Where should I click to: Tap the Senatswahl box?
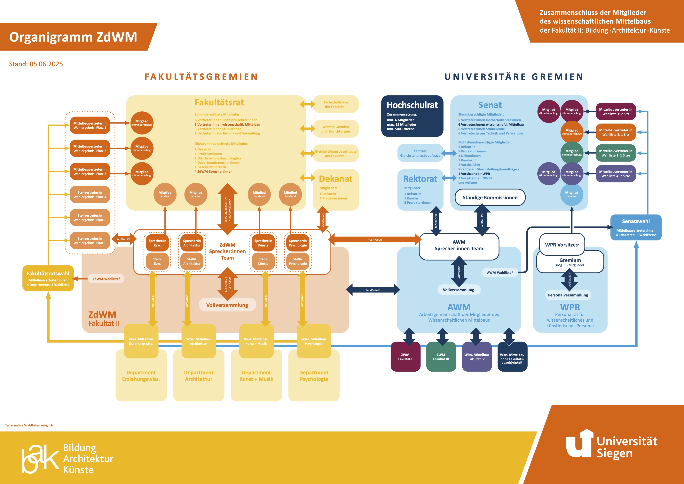pos(636,227)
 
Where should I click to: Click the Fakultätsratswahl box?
pos(48,278)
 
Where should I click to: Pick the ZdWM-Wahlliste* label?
pos(106,279)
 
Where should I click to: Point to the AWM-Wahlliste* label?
pos(500,272)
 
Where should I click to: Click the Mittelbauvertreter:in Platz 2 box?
pos(90,148)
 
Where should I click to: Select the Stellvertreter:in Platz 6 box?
pos(90,240)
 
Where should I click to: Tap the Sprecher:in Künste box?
pos(263,243)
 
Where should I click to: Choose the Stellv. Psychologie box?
pos(298,261)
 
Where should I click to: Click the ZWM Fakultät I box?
pos(405,357)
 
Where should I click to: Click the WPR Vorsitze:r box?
pos(562,245)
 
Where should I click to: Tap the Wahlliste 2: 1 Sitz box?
pos(616,132)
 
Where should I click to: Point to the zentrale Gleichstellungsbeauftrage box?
pos(420,153)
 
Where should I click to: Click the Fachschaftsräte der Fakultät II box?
pos(335,104)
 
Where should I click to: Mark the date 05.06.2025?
pos(46,64)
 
